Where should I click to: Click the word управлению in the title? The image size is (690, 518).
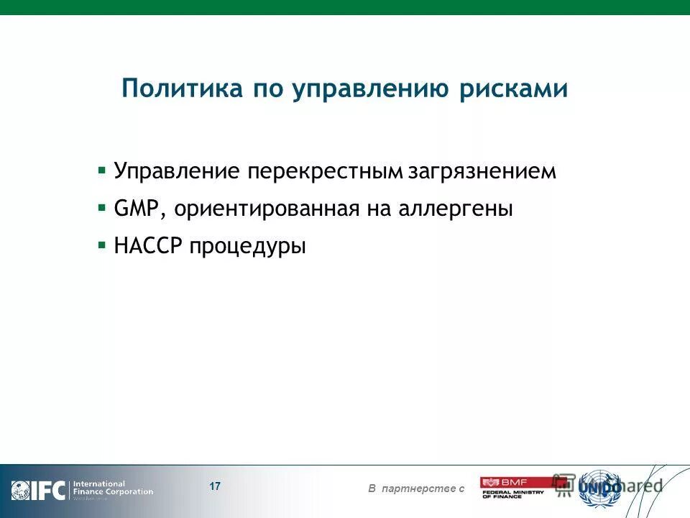click(x=368, y=90)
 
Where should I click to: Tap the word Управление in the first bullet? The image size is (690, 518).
click(x=177, y=172)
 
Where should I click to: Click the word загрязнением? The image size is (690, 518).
click(x=482, y=172)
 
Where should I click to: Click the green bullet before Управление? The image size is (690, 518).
click(x=102, y=171)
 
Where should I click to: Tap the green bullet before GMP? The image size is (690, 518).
click(x=102, y=208)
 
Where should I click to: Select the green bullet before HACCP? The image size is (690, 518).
click(x=102, y=245)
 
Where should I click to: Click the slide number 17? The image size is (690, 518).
click(x=215, y=486)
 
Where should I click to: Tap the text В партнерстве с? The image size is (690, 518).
click(x=416, y=489)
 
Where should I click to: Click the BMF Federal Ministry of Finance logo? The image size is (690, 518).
click(x=512, y=487)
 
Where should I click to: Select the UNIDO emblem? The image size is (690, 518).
click(x=599, y=487)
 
